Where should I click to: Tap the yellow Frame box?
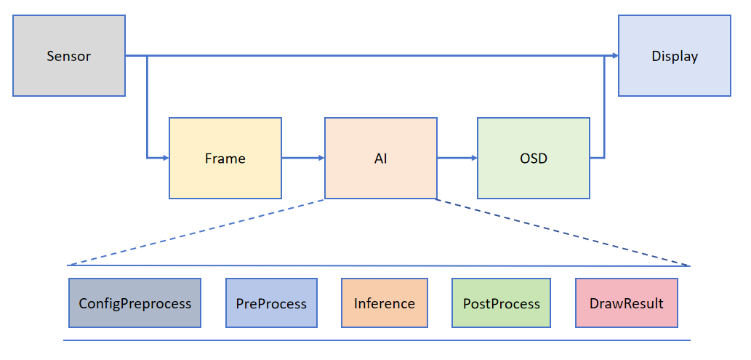225,158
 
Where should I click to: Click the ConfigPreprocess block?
134,303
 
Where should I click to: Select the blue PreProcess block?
271,303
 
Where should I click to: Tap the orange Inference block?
385,303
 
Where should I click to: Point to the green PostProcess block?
502,303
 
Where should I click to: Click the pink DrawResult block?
626,303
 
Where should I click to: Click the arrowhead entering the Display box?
614,55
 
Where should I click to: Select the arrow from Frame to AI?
302,157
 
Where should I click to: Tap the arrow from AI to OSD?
457,157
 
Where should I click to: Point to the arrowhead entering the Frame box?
164,157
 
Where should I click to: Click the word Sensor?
69,56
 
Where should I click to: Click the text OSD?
533,158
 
